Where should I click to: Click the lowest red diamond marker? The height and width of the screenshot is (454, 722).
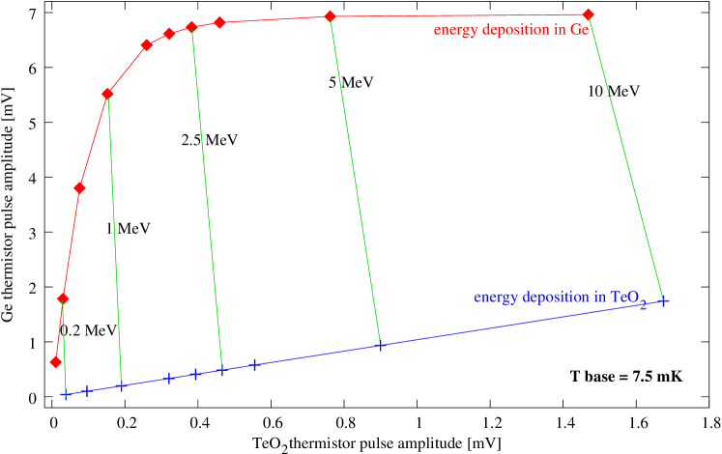click(x=55, y=361)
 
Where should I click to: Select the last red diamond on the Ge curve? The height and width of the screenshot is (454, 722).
click(x=589, y=14)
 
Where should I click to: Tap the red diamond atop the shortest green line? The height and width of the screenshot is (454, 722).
click(x=63, y=298)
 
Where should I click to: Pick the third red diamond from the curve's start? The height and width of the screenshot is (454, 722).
click(x=80, y=187)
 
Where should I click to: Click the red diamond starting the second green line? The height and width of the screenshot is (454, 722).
click(x=107, y=94)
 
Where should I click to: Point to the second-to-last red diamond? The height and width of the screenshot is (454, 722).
click(x=330, y=16)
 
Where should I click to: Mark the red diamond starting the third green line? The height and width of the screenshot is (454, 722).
click(x=191, y=27)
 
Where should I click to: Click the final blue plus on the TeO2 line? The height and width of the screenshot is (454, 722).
click(x=664, y=301)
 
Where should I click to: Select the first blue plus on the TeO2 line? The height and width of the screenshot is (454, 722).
click(x=66, y=394)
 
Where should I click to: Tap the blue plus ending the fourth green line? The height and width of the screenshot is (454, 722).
click(x=380, y=345)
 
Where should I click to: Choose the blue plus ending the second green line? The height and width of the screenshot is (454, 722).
click(x=122, y=385)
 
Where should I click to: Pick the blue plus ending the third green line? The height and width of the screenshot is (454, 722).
click(x=222, y=370)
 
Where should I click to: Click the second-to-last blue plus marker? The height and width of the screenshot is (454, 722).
click(x=644, y=305)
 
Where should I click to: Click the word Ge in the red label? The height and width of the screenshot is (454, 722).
click(x=580, y=30)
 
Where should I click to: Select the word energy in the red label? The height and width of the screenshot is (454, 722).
click(x=454, y=30)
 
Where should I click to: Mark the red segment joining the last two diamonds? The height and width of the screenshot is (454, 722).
click(x=459, y=15)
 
